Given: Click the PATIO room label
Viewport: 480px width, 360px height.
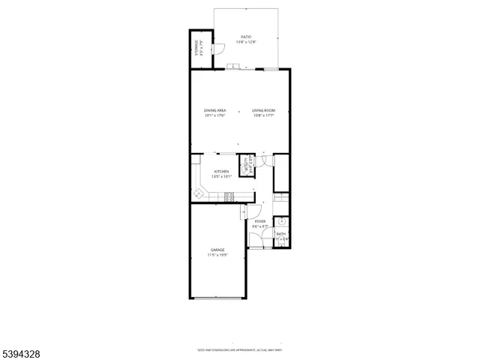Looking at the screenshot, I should [x=245, y=36].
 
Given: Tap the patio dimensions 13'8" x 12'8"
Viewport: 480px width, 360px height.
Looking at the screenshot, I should [x=245, y=41].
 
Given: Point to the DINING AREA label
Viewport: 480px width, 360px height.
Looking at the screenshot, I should [x=214, y=110].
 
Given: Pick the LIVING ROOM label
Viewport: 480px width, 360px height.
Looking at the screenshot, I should [x=263, y=110].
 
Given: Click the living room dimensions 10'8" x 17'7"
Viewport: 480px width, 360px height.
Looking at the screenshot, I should [x=263, y=115].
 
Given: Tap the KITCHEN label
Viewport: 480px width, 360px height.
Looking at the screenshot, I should [x=221, y=172].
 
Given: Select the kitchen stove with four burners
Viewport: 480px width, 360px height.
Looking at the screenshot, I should [x=229, y=196].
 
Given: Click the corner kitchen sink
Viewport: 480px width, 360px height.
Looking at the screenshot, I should [x=199, y=193].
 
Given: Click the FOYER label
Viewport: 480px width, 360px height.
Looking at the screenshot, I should [x=260, y=221].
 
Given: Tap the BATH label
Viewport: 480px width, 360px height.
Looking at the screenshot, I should [x=280, y=234].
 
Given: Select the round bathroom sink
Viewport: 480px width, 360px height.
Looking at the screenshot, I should [x=281, y=222].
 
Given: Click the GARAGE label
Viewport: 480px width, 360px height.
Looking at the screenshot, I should [x=217, y=250].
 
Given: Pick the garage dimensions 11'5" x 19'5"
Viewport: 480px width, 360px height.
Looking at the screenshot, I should [x=217, y=255].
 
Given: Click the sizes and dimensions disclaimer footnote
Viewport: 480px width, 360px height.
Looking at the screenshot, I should [x=239, y=349].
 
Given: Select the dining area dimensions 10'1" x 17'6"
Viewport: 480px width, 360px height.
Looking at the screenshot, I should [x=214, y=115].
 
